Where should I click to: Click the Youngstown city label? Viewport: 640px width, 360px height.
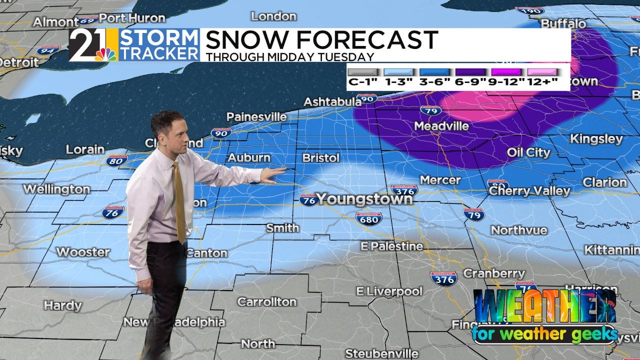[x=364, y=199]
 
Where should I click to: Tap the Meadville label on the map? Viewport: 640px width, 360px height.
[x=441, y=126]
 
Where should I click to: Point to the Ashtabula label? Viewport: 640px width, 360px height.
[x=332, y=102]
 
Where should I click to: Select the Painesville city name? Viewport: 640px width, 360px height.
[x=256, y=117]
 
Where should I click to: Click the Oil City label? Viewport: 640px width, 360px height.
[x=528, y=152]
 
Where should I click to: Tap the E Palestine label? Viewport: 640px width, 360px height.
[x=392, y=246]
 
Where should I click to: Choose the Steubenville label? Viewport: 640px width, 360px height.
[x=374, y=353]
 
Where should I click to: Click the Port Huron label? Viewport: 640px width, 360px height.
[x=132, y=18]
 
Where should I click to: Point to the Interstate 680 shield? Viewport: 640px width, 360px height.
[x=368, y=217]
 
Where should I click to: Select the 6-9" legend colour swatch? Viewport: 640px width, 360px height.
[x=469, y=72]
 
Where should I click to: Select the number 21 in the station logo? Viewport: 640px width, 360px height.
[x=85, y=45]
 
